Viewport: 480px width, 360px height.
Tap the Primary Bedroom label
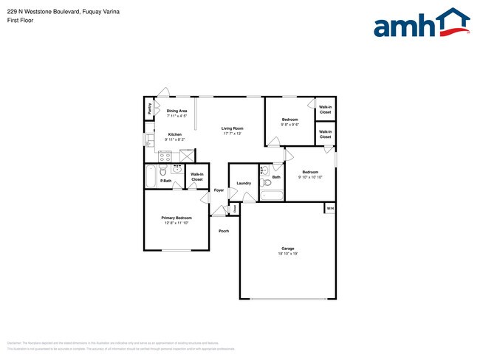coord(177,218)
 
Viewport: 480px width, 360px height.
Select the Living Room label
coord(233,128)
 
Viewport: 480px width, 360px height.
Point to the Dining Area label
coord(176,111)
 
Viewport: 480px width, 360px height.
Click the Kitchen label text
coord(174,134)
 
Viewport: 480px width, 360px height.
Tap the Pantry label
coord(149,108)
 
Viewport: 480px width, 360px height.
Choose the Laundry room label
coord(244,183)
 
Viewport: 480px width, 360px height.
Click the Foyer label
coord(219,190)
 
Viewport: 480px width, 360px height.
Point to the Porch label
coord(224,231)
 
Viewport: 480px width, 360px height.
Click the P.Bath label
coord(166,181)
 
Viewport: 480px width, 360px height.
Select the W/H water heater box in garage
coord(330,209)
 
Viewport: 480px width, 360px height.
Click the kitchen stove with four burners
coord(165,156)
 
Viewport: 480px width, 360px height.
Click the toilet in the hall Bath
coord(266,181)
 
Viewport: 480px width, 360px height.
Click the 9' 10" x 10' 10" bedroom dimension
coord(310,177)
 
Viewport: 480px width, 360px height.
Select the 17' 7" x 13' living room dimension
coord(233,134)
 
